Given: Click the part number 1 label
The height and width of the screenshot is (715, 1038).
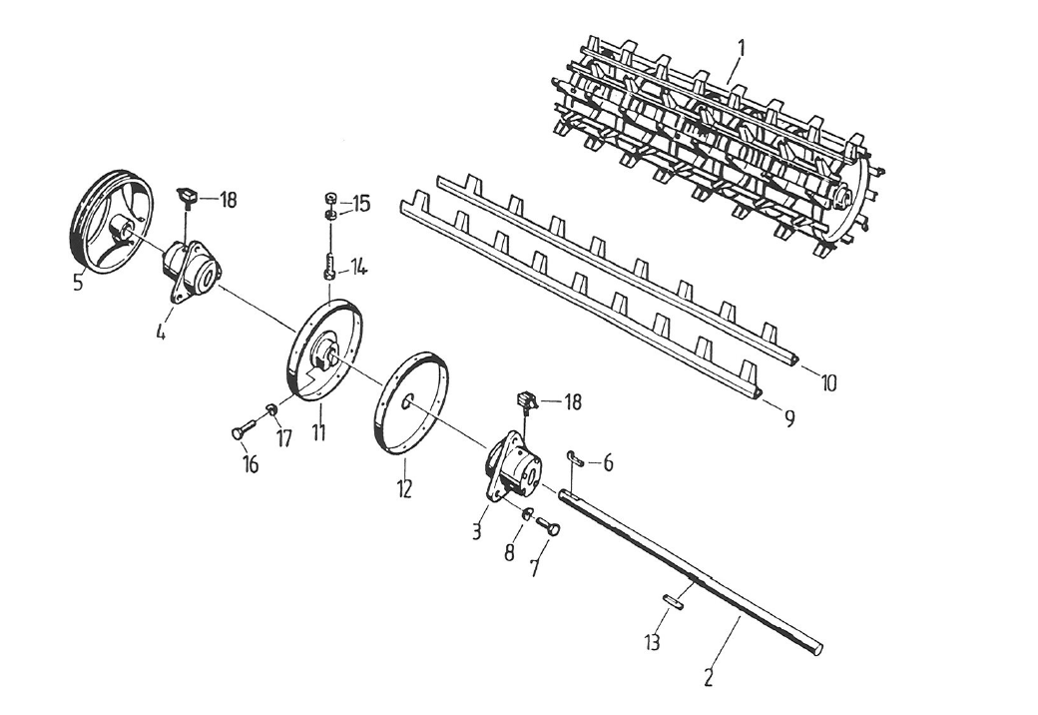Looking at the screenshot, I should point(742,47).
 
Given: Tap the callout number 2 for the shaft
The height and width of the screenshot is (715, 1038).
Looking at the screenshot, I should point(708,676).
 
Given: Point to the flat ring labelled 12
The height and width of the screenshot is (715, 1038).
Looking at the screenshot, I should point(408,404).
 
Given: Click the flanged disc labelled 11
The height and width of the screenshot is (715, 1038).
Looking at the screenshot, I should point(324,349).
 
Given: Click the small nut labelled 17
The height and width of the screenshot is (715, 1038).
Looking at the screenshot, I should point(269,409).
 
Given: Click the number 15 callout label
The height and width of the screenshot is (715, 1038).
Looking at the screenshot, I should point(359,204).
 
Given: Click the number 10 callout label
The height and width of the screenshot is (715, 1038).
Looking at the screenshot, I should point(828,381).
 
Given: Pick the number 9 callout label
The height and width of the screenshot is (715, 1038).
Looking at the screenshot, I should point(788,419).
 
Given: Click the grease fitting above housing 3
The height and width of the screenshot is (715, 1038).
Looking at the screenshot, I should point(525,401).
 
